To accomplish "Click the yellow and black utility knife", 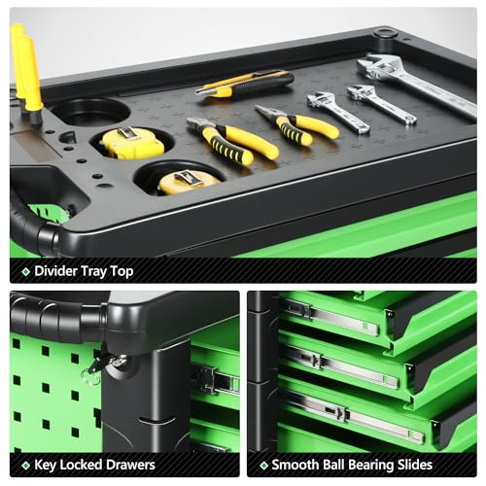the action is [x=245, y=85].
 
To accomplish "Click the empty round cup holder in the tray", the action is [x=90, y=112].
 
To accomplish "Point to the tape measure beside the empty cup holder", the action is [x=133, y=143].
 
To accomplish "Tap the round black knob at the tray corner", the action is [x=385, y=33].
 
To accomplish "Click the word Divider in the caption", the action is [x=55, y=271].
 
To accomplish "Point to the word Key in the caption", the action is [x=46, y=465].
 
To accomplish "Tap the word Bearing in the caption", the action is [x=375, y=466].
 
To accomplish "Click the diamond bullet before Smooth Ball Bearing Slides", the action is [x=264, y=466].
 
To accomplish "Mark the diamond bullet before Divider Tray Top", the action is [x=26, y=271].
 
